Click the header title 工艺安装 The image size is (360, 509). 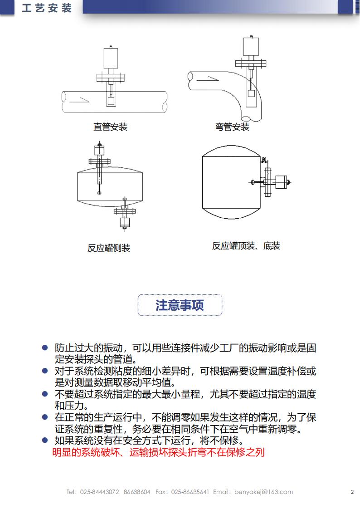(x=47, y=8)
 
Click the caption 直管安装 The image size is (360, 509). (x=110, y=127)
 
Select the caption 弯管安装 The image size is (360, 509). (x=232, y=127)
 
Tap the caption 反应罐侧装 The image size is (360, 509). (x=109, y=248)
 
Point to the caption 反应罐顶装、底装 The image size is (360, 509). (x=246, y=246)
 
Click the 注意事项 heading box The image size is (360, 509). (x=180, y=305)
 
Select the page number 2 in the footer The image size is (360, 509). (x=352, y=492)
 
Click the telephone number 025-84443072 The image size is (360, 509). (x=99, y=492)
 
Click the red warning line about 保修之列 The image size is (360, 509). (x=158, y=452)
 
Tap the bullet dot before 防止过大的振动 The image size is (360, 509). (x=44, y=347)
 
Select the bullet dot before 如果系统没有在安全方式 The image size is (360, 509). (x=44, y=440)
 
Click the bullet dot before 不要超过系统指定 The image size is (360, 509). (x=44, y=394)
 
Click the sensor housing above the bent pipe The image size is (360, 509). (x=251, y=47)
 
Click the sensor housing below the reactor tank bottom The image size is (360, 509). (x=125, y=222)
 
